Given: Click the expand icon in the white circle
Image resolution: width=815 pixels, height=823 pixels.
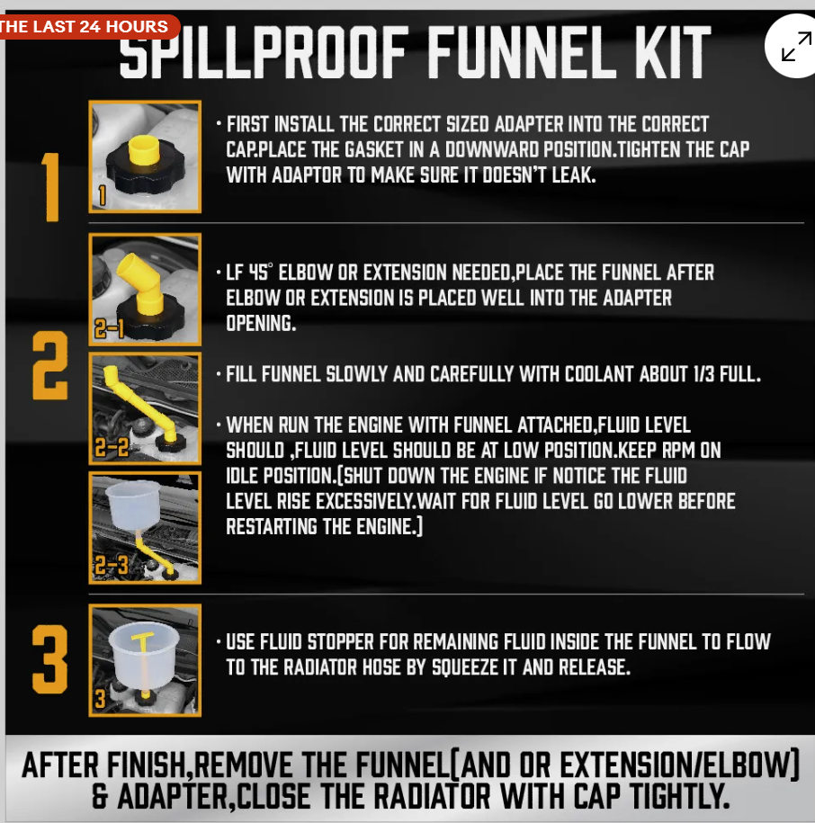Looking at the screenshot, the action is pos(796,46).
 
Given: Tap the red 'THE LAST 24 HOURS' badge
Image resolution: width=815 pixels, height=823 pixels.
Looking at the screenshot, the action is pos(86,27).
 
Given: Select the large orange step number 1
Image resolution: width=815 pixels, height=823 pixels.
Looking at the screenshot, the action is pos(50,187).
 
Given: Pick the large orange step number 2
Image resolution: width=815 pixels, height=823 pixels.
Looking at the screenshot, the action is pos(49,365).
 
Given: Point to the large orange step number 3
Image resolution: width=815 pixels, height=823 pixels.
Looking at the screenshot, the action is pos(49,659).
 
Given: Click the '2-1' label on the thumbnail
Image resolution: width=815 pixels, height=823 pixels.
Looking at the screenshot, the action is pos(109,329).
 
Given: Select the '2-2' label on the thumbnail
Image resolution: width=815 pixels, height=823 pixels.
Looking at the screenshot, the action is pos(112,448).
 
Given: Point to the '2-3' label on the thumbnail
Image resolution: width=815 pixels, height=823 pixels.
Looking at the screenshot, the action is pos(112,566).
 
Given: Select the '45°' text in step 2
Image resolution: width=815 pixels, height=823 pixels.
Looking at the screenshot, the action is pos(260,273).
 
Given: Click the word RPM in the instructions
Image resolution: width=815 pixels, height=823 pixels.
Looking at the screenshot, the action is pos(678,451).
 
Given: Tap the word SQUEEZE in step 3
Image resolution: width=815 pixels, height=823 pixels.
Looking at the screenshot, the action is pos(464,667).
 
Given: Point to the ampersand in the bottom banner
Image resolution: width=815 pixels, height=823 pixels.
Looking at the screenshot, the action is pos(101,796).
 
